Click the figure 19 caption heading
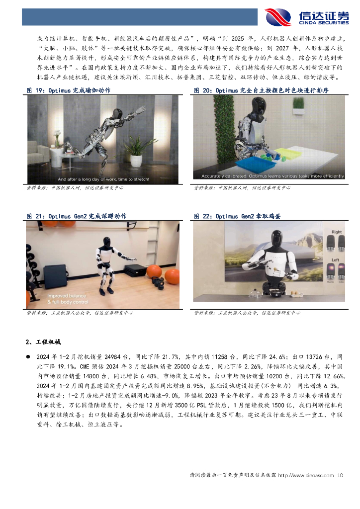(x=68, y=90)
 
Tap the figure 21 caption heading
(x=76, y=216)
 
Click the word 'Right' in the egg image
(x=337, y=232)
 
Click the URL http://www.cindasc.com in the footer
(x=305, y=476)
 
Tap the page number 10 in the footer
(x=340, y=476)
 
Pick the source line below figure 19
(x=75, y=188)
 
